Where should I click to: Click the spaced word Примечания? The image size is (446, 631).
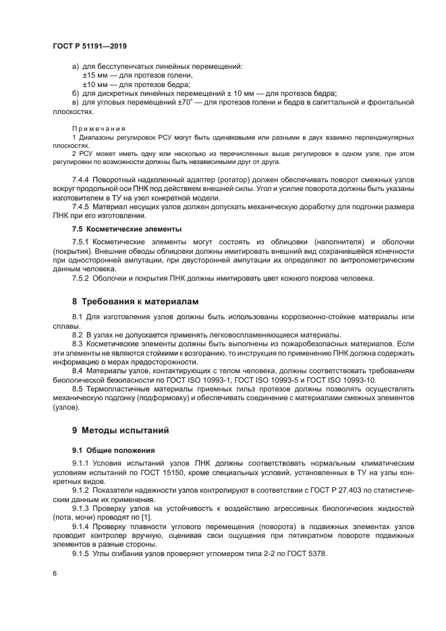(95, 128)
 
